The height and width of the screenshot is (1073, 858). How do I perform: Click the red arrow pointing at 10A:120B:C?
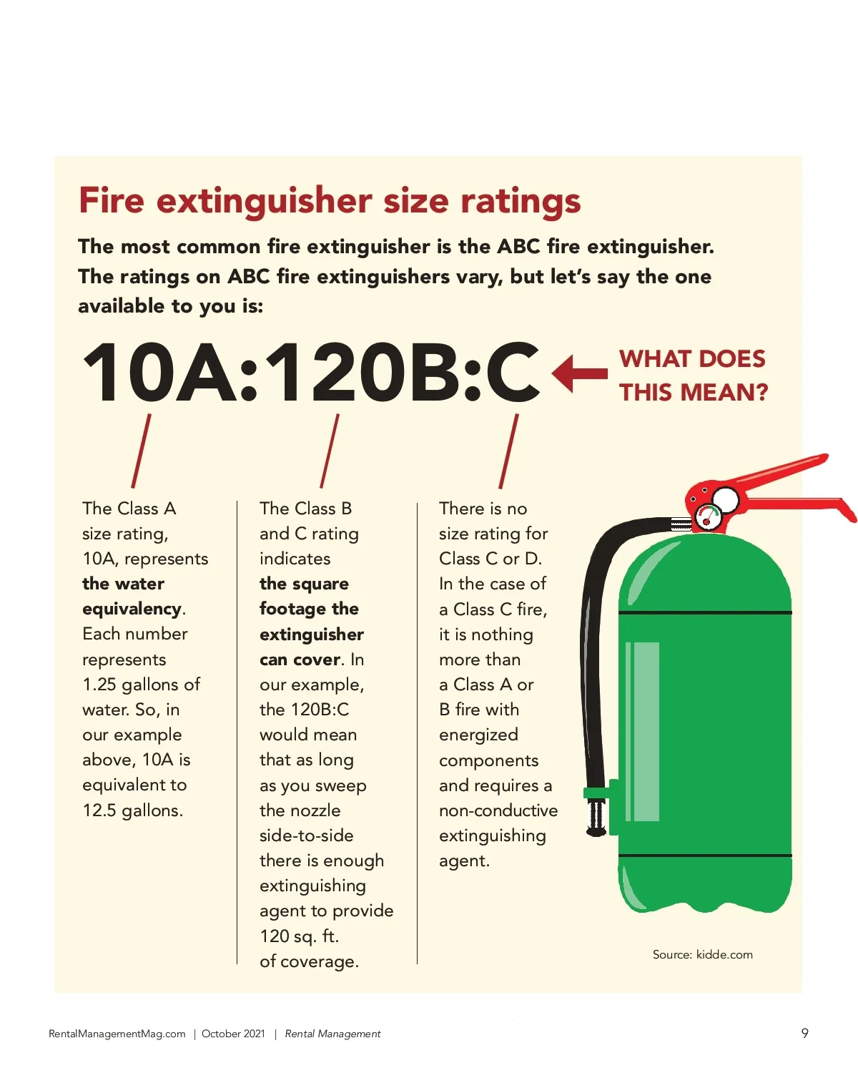coord(579,373)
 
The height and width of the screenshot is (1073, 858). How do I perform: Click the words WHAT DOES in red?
coord(692,359)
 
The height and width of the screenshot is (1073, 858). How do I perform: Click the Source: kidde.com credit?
coord(702,954)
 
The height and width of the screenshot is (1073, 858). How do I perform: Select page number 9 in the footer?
coord(804,1033)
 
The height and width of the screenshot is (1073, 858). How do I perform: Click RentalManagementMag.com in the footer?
coord(117,1034)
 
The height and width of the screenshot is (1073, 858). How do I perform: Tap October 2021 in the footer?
coord(233,1034)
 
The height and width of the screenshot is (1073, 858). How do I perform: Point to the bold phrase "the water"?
coord(123,584)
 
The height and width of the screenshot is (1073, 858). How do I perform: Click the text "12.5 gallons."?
coord(132,810)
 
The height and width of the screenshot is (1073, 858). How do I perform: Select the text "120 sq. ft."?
coord(299,936)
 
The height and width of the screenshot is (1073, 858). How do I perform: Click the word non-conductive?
coord(498,810)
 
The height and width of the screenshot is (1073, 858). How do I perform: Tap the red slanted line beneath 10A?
coord(141,451)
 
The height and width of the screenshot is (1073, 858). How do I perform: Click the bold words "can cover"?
coord(300,660)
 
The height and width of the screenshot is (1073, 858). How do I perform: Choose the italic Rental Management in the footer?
coord(332,1034)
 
